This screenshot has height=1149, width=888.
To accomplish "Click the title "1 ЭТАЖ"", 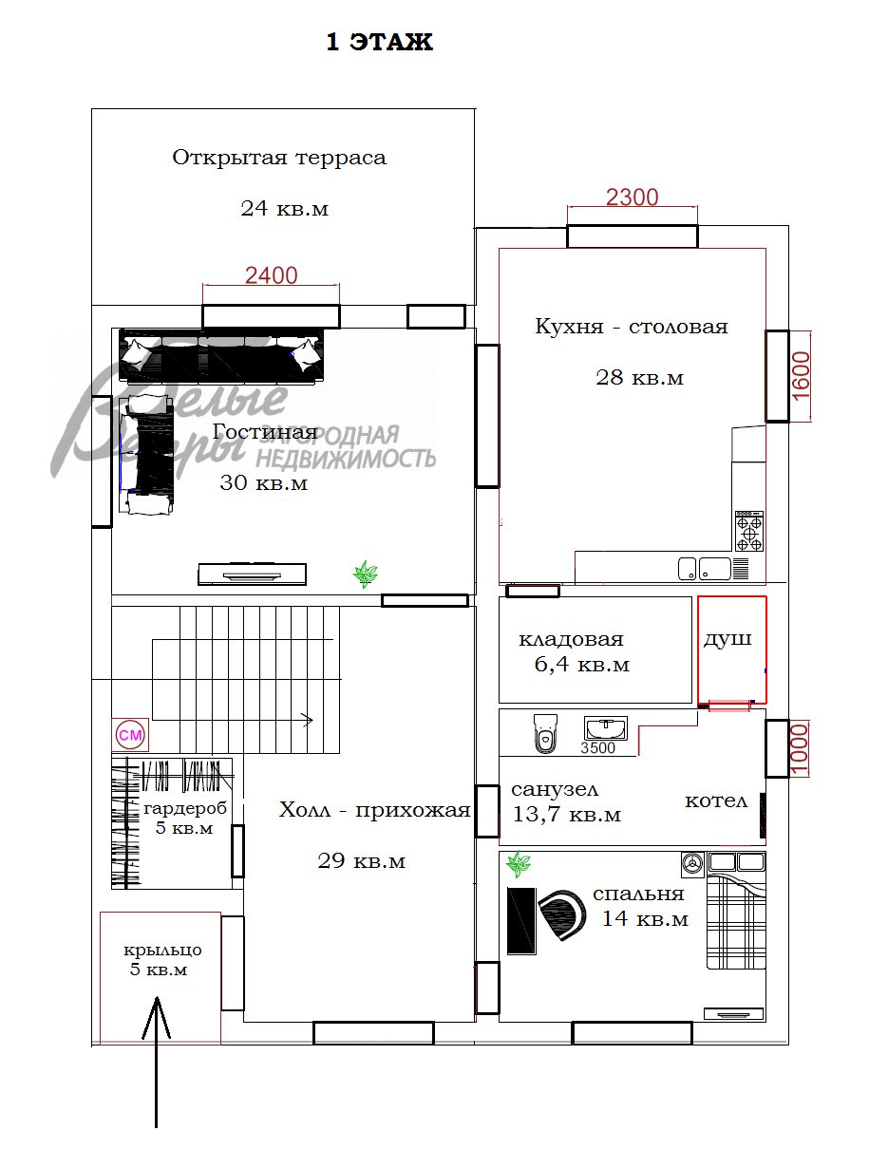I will (x=379, y=42).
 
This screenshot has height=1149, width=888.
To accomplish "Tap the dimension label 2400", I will (x=271, y=275).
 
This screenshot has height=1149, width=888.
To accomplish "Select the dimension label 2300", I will (x=632, y=198).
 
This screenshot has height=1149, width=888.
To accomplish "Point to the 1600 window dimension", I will (x=800, y=376).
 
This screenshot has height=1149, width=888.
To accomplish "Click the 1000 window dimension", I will (x=800, y=749).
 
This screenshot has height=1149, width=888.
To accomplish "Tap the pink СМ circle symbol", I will (x=129, y=734).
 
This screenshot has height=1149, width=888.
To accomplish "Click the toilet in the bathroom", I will (x=543, y=734).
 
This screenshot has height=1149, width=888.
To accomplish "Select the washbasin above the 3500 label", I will (x=605, y=728).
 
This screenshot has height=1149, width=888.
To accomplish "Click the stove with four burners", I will (x=748, y=532).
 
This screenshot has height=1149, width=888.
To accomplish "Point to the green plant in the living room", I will (x=365, y=574).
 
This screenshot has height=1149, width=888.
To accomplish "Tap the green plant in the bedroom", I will (x=519, y=864).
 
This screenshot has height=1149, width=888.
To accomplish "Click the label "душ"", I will (x=727, y=639).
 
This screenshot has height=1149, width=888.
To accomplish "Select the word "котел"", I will (x=716, y=801).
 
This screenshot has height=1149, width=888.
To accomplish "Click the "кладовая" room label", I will (x=571, y=639).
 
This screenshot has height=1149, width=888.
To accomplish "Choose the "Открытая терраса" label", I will (x=279, y=158).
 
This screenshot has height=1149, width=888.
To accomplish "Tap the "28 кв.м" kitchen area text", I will (x=639, y=378).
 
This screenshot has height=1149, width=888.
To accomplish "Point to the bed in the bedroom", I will (x=736, y=921).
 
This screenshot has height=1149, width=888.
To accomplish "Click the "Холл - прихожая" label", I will (x=374, y=810).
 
